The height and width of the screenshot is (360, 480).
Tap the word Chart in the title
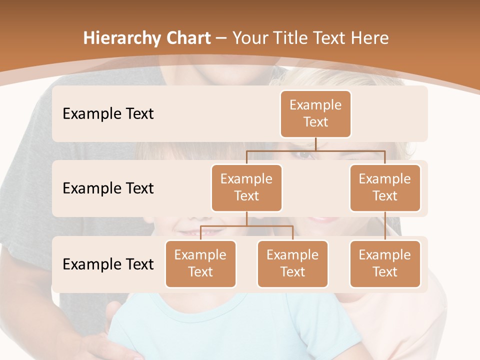click(x=187, y=38)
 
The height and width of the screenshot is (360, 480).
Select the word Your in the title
click(x=252, y=38)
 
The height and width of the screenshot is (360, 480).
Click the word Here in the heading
click(x=370, y=38)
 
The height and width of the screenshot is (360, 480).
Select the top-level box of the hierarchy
click(x=315, y=113)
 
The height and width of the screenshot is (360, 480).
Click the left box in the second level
click(x=246, y=187)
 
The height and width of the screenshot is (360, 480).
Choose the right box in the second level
click(x=385, y=187)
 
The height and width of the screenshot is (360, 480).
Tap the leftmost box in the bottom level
click(x=200, y=263)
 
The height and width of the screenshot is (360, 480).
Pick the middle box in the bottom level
click(x=292, y=263)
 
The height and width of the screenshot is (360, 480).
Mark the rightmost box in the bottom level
click(x=385, y=263)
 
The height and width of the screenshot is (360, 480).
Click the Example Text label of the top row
click(x=108, y=113)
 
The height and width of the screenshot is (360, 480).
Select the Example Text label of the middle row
click(x=108, y=188)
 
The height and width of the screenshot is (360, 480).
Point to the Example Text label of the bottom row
click(x=108, y=264)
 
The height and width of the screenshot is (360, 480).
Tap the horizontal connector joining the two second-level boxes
click(x=315, y=150)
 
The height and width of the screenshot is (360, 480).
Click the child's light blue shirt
click(x=225, y=325)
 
